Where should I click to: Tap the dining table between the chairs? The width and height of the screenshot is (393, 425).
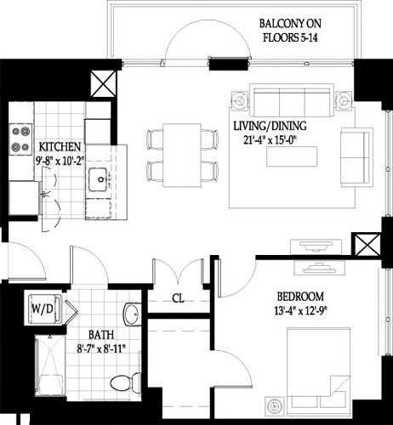point(181,153)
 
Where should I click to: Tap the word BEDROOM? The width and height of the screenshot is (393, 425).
point(299,297)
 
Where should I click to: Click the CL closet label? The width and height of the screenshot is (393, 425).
point(178,298)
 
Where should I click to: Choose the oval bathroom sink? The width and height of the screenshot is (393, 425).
point(130,315)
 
